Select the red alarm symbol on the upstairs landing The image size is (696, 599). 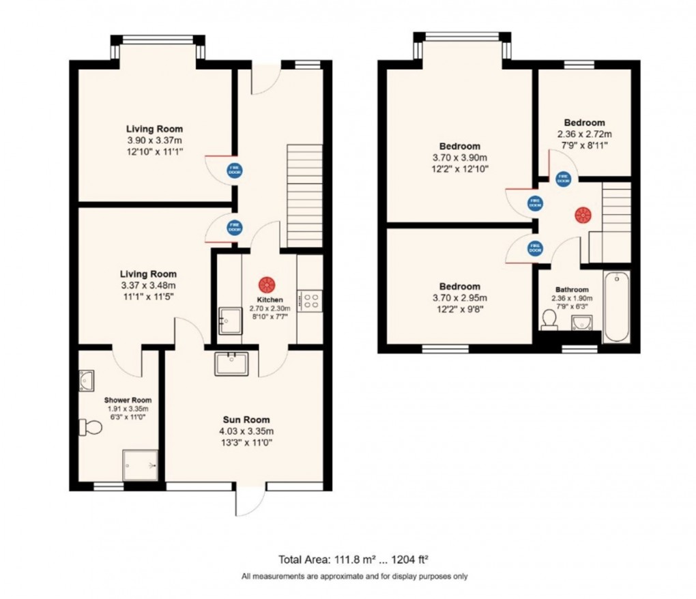[582, 215]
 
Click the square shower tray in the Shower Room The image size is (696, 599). [139, 465]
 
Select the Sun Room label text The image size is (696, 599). [246, 420]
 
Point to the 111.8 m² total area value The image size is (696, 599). [346, 558]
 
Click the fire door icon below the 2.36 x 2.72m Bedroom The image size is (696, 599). [563, 179]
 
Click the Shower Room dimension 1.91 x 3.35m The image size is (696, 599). [128, 409]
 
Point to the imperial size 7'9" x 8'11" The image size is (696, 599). [584, 145]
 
